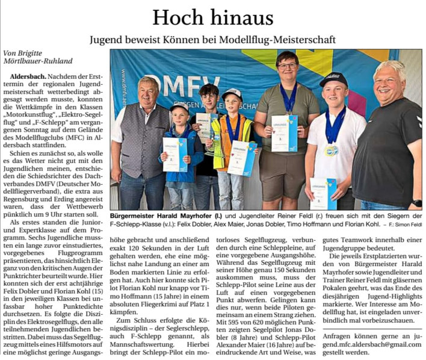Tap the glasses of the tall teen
pos(287,65)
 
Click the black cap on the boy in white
pos(333,79)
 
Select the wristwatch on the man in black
pos(417,203)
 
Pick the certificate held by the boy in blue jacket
pos(174,154)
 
